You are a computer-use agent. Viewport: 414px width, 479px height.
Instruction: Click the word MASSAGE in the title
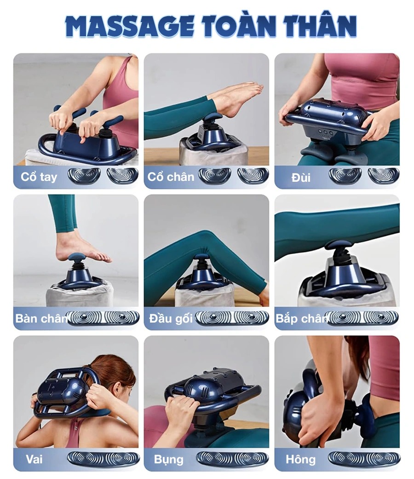129,27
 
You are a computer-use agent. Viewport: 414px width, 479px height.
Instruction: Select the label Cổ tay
39,177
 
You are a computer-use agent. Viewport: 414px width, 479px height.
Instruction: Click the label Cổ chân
171,177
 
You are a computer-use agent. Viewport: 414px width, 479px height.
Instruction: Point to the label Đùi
301,178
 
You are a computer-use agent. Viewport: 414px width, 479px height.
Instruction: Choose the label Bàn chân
41,318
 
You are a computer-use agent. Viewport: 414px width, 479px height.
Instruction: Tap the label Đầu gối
171,318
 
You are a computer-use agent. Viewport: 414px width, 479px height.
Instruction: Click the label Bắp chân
302,318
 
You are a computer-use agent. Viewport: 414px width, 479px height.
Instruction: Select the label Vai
34,459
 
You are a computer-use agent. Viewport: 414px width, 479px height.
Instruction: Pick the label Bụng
168,460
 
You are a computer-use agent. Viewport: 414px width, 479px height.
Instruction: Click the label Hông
300,460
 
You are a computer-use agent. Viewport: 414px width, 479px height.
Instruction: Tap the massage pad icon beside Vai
103,460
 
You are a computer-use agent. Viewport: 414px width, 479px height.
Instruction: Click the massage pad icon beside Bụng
233,460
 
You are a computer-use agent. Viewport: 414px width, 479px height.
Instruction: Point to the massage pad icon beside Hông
363,460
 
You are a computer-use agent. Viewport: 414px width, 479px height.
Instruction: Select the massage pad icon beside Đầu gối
232,318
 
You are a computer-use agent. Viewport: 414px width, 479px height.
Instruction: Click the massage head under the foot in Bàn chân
79,257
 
